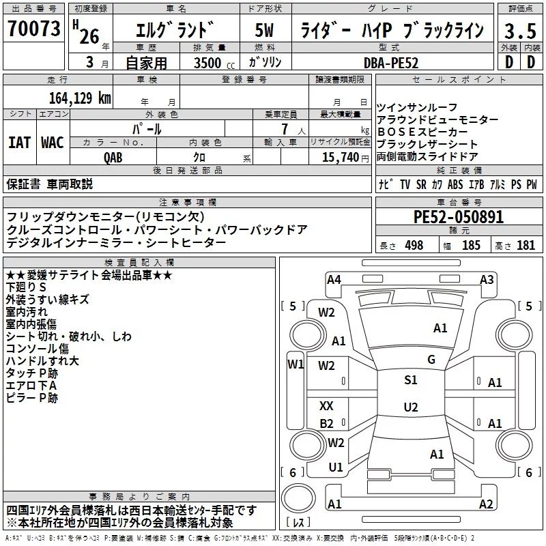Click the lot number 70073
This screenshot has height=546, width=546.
34,28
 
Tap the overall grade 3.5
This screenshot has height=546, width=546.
520,31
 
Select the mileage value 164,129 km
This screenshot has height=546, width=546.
80,98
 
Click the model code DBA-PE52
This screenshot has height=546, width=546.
391,63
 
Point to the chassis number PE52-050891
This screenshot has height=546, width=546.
458,217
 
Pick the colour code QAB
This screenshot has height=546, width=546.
113,158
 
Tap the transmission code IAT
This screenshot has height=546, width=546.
20,143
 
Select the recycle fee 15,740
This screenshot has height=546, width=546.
340,158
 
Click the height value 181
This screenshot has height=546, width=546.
526,246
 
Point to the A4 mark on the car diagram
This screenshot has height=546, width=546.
334,280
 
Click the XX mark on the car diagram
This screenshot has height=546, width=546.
326,405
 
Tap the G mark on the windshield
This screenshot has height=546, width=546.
431,359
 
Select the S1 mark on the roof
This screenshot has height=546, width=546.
411,379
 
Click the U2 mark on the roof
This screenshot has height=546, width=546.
411,407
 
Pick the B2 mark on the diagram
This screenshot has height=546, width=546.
326,423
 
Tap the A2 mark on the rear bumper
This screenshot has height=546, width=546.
486,504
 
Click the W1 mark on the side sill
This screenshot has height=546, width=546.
296,364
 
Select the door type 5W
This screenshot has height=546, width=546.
264,30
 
